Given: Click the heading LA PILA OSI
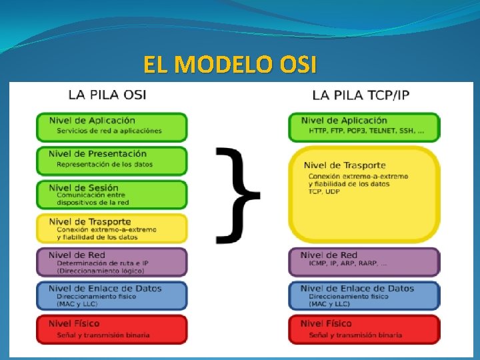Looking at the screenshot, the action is tap(107, 94).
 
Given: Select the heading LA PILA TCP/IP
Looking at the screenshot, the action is tap(361, 95).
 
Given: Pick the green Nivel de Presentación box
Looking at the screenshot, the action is tap(111, 160).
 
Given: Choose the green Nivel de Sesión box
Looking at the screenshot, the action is tap(111, 194).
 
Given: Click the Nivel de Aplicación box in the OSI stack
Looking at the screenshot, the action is tap(111, 126).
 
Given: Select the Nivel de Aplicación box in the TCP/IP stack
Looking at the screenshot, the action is tap(364, 126).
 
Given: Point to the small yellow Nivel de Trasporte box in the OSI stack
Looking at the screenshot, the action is tap(111, 228).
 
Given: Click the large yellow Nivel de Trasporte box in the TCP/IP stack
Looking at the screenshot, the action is tap(364, 194).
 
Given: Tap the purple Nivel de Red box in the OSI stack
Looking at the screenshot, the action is tap(111, 262).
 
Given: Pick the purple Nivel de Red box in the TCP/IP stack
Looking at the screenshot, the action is tap(364, 261).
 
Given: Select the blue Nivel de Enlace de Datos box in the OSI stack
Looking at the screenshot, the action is tap(111, 295).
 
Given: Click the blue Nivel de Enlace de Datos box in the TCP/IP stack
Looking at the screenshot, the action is tap(364, 295).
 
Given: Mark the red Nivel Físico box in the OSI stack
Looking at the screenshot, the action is tap(111, 329).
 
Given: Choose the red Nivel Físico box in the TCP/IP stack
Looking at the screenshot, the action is tap(364, 329).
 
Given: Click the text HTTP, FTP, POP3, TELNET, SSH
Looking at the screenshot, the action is tap(365, 131).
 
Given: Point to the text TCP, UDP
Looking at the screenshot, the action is tap(325, 191).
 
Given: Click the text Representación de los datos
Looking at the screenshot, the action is tap(105, 164).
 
